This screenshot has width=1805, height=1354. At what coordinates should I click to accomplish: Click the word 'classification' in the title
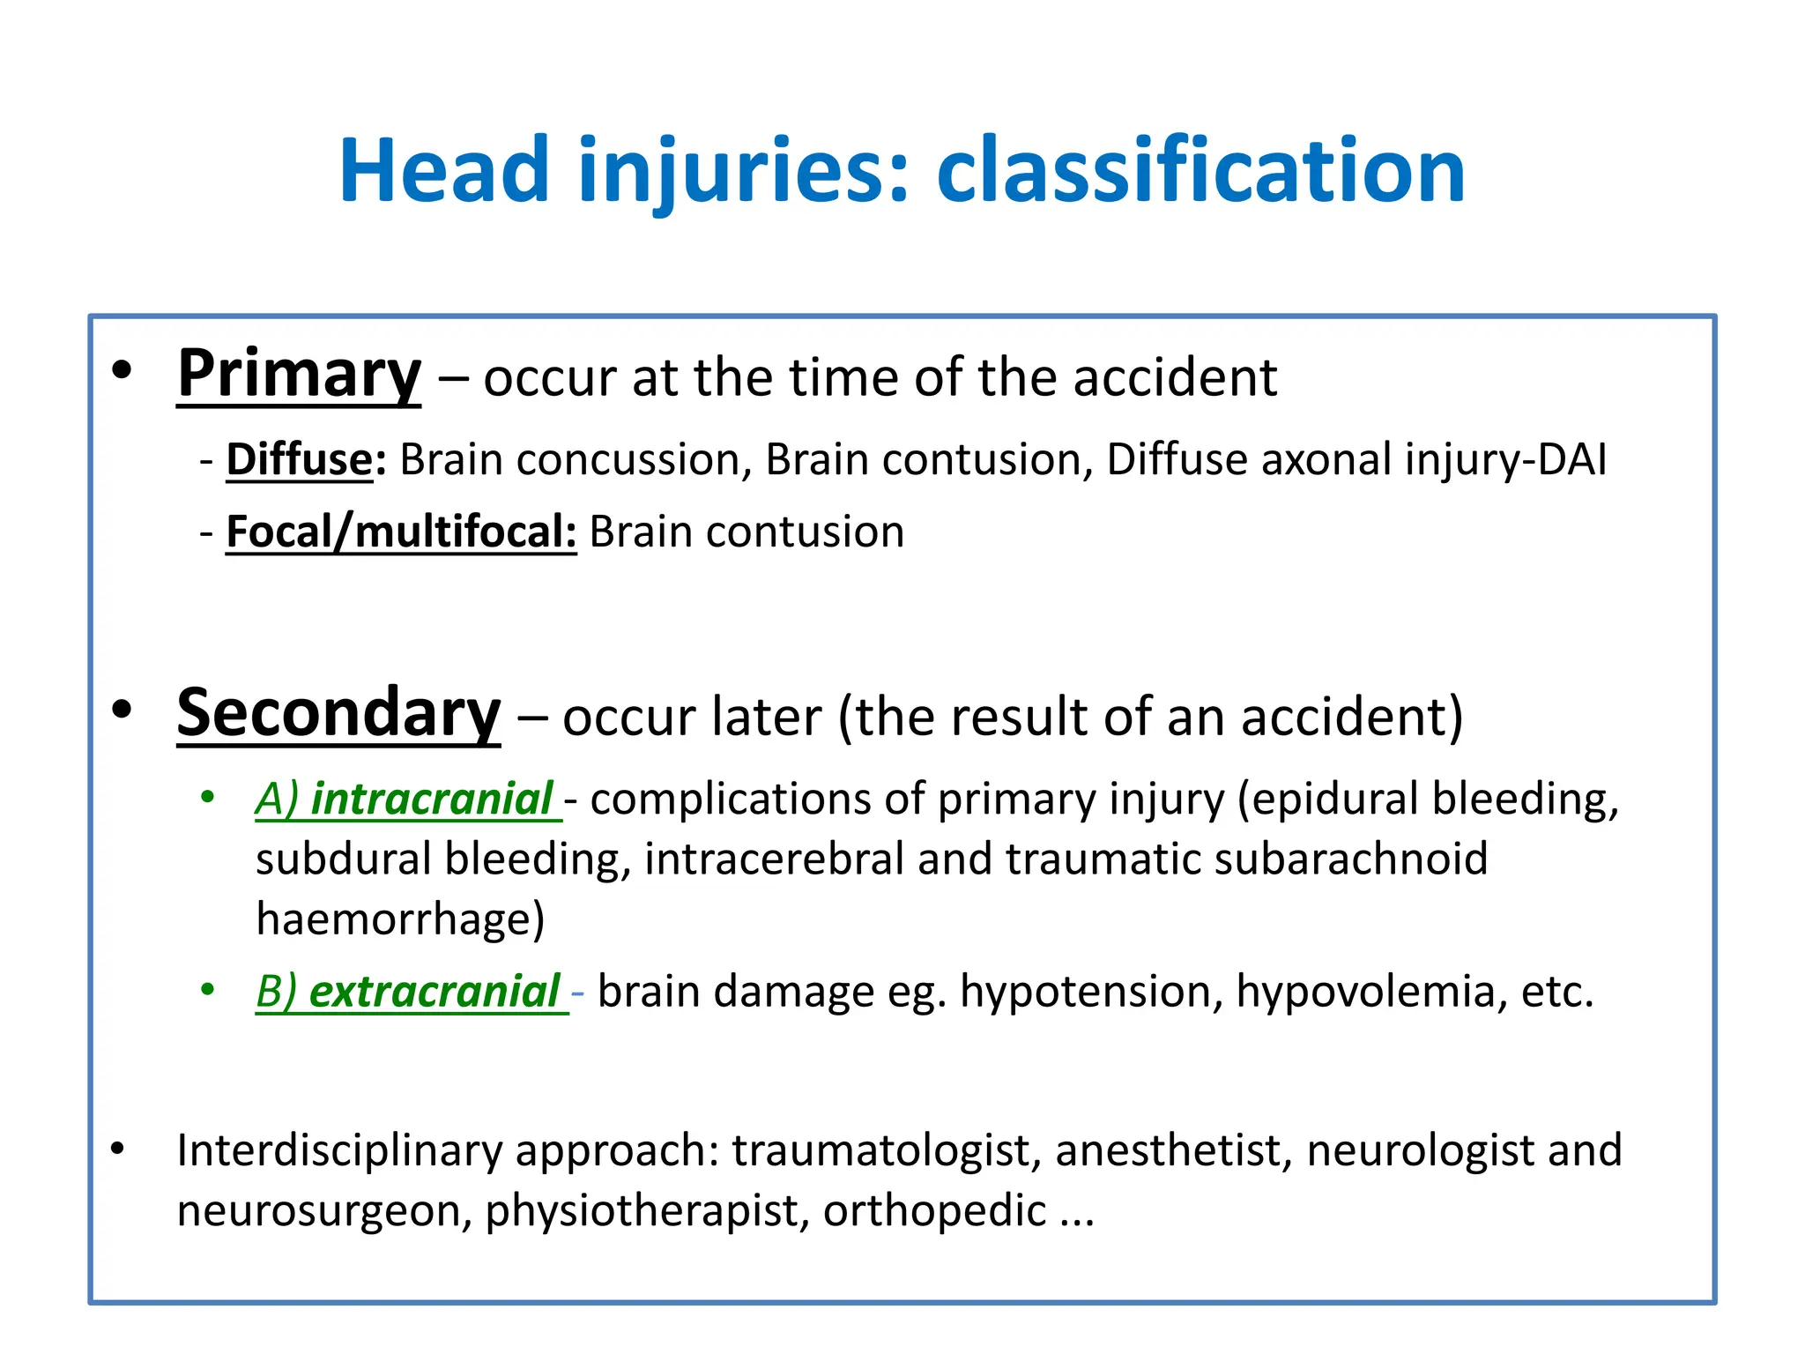(1200, 171)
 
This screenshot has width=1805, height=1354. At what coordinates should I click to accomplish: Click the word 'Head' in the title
(444, 171)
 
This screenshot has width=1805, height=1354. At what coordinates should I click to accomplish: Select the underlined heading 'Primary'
(299, 375)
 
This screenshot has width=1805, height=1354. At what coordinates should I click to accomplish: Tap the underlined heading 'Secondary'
(338, 713)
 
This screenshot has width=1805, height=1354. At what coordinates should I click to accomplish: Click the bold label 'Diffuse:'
(306, 459)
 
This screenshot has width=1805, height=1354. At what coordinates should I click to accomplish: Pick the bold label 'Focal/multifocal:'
(401, 532)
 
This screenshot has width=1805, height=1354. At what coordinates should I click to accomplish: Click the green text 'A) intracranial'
(405, 799)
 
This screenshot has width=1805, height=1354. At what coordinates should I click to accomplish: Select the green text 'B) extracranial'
(409, 991)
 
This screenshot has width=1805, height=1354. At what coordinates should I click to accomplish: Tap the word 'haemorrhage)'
(400, 919)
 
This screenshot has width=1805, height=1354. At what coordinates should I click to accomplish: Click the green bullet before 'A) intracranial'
(208, 798)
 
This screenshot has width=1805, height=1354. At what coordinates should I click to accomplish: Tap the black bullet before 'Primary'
(122, 371)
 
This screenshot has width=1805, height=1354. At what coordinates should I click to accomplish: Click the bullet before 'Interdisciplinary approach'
(118, 1149)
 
